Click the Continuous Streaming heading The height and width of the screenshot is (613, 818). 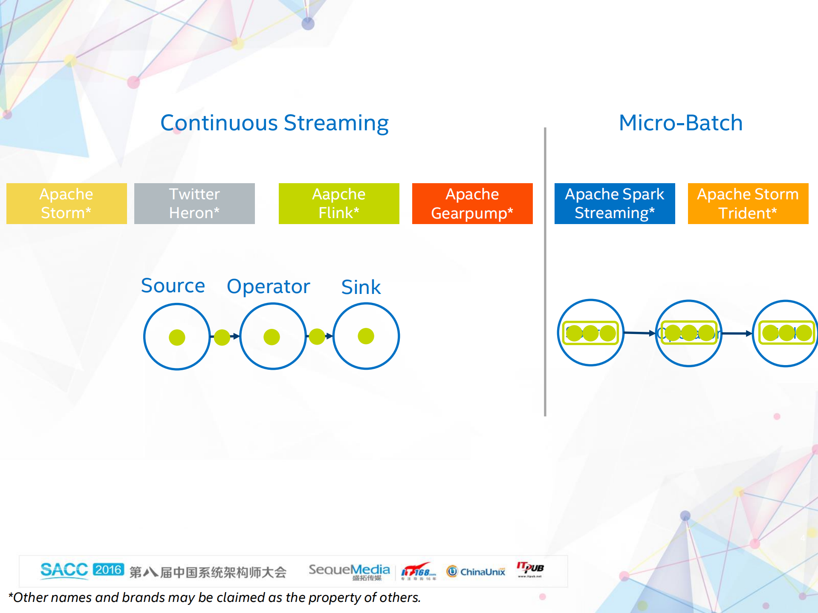(x=274, y=123)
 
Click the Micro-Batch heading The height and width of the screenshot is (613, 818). (x=680, y=123)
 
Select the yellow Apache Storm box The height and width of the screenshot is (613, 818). (x=66, y=204)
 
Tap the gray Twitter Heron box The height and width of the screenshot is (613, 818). (x=194, y=204)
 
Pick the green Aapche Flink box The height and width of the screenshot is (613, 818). (x=339, y=204)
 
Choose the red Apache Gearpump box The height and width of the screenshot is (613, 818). (x=472, y=204)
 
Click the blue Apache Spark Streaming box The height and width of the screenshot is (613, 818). (x=615, y=204)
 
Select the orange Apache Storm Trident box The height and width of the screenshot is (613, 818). (x=748, y=204)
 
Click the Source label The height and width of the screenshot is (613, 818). (x=173, y=286)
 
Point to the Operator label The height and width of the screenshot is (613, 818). (x=269, y=287)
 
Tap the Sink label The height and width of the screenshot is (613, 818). (x=361, y=287)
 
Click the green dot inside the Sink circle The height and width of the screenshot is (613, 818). (x=366, y=336)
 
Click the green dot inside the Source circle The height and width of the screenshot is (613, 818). (x=177, y=337)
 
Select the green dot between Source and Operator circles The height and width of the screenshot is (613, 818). (x=222, y=337)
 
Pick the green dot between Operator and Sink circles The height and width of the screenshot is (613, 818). (x=317, y=337)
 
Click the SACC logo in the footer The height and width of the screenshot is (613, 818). (x=64, y=570)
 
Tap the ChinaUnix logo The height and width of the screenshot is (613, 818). (x=476, y=571)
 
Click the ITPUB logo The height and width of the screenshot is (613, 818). (x=530, y=569)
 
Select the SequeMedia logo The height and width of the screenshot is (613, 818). (x=349, y=571)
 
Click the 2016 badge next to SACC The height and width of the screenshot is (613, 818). (x=108, y=570)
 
